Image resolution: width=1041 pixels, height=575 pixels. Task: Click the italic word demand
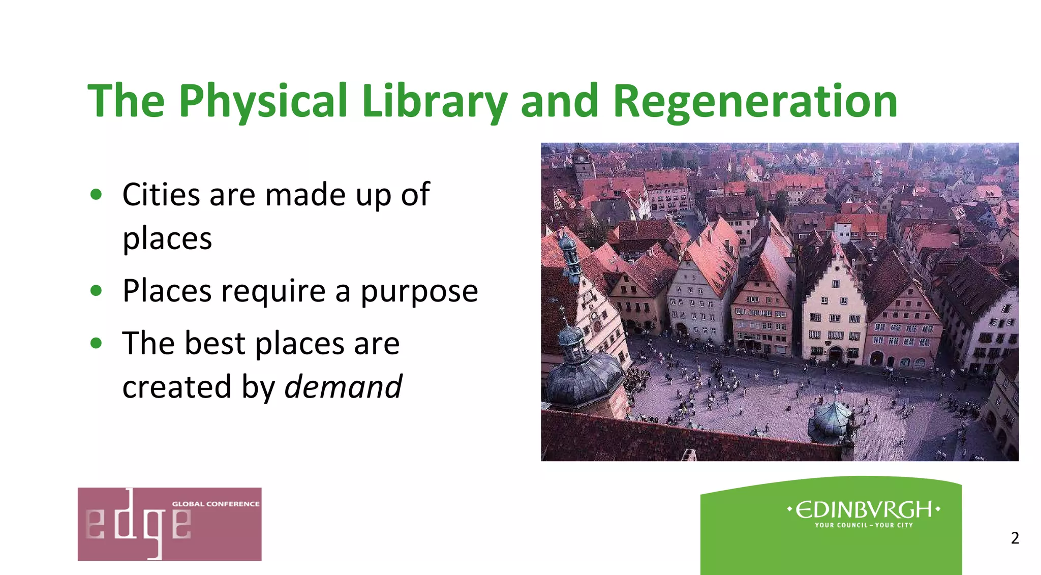343,386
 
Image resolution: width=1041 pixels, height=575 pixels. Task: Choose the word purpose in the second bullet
419,291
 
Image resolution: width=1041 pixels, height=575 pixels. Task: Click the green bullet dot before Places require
96,290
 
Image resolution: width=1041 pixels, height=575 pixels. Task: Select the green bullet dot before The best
96,343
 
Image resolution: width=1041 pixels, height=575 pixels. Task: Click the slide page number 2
1015,538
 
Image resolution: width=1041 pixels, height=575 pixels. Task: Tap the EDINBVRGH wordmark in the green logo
864,509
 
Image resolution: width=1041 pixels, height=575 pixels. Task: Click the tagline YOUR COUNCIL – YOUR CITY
864,525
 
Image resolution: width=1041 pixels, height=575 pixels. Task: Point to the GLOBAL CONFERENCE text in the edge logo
216,504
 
